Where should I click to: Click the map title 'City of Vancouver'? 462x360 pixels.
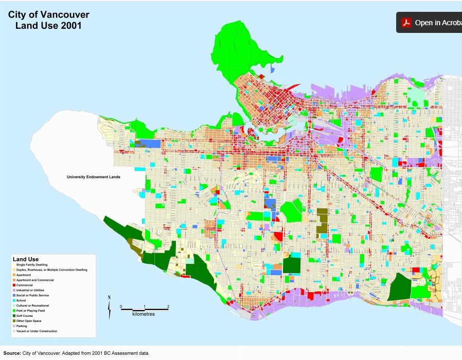pos(48,15)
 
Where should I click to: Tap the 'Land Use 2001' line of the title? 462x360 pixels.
pos(48,26)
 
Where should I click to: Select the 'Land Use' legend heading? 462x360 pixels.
pos(26,259)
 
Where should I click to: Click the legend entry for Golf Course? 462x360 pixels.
pos(25,316)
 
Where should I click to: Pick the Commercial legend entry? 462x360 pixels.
pos(24,285)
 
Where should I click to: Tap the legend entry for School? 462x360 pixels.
pos(21,300)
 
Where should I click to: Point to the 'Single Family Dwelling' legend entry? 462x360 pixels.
pos(32,264)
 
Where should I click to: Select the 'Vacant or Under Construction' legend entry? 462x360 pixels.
pos(37,331)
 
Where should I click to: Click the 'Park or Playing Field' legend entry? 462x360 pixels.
pos(30,311)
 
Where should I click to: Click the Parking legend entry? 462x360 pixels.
pos(22,326)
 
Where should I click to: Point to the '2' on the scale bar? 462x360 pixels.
pos(168,307)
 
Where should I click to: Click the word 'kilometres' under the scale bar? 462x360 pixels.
pos(144,314)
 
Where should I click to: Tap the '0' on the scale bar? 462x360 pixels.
pos(121,307)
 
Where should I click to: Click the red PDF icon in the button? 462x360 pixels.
pos(406,23)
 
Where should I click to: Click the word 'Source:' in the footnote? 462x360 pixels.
pos(12,353)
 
